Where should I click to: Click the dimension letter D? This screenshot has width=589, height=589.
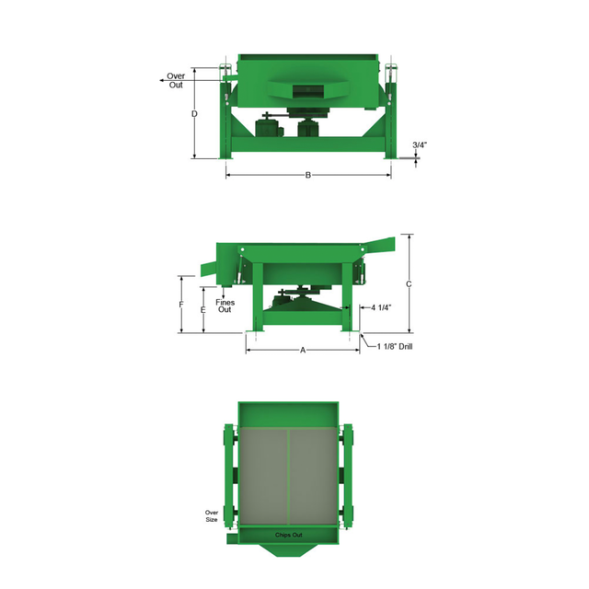coord(194,115)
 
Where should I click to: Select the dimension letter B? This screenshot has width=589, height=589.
coord(308,175)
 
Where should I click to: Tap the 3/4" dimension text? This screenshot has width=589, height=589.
coord(419,145)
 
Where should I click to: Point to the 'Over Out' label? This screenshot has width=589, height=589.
coord(175,80)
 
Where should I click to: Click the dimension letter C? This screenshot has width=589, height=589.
coord(408,284)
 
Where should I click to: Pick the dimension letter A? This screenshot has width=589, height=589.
coord(302,351)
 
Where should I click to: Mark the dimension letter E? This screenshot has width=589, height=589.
coord(202,311)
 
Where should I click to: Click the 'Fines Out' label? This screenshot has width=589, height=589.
coord(225,306)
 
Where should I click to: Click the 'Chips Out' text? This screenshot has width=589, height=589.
coord(288,535)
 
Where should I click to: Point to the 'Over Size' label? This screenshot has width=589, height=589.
coord(211,514)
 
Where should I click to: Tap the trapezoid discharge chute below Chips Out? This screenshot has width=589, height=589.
coord(288,549)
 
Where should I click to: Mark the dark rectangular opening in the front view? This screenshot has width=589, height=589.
coord(308,89)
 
